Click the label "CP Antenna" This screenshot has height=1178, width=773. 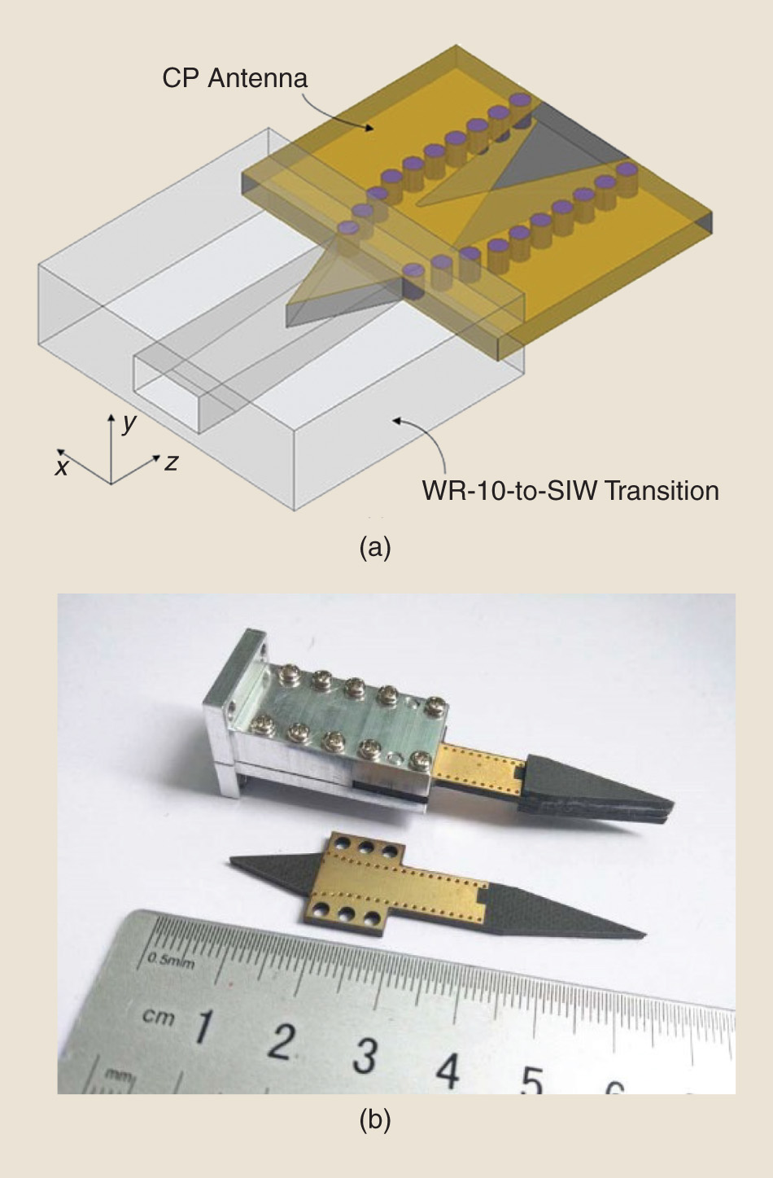pyautogui.click(x=234, y=78)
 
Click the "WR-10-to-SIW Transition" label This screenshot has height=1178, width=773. pyautogui.click(x=570, y=491)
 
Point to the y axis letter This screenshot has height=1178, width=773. pyautogui.click(x=128, y=423)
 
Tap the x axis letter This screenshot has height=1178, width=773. pyautogui.click(x=62, y=466)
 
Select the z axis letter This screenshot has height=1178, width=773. pyautogui.click(x=171, y=462)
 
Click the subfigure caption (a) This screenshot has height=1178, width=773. pyautogui.click(x=375, y=547)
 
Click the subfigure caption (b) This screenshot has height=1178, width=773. pyautogui.click(x=375, y=1120)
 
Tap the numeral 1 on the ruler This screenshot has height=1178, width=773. pyautogui.click(x=203, y=1027)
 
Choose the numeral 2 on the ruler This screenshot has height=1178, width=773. pyautogui.click(x=282, y=1041)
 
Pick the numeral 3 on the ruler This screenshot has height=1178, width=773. pyautogui.click(x=365, y=1055)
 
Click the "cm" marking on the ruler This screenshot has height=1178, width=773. pyautogui.click(x=158, y=1016)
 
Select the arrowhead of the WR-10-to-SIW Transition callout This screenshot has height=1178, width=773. pyautogui.click(x=395, y=420)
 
